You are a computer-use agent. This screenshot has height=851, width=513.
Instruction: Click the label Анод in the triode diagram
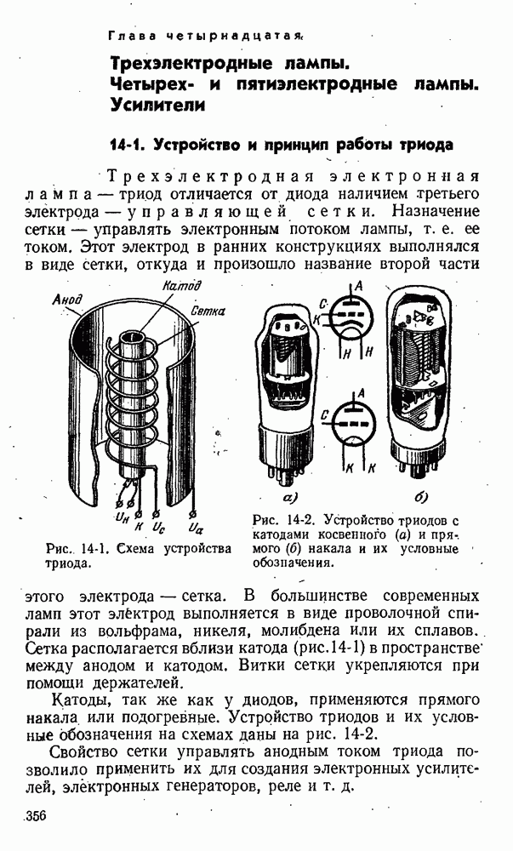66,300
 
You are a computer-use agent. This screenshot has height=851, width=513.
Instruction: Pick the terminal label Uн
122,516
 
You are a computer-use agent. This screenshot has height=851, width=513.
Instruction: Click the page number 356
35,816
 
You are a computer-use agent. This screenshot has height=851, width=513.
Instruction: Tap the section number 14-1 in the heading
129,144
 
